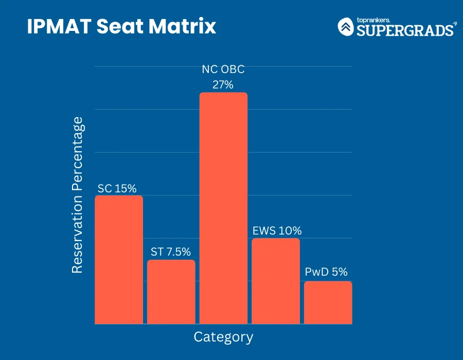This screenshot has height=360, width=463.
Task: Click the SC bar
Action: pyautogui.click(x=119, y=260)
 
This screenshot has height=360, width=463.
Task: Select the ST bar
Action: pyautogui.click(x=171, y=292)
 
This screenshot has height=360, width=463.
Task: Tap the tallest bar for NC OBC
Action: pyautogui.click(x=223, y=208)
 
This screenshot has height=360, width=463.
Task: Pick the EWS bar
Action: pyautogui.click(x=276, y=281)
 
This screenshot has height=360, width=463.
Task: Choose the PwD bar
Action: pyautogui.click(x=328, y=302)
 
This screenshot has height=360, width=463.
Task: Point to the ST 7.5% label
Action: pyautogui.click(x=171, y=252)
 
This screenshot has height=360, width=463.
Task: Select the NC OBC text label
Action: pyautogui.click(x=223, y=70)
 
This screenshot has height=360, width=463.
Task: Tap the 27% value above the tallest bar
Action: pyautogui.click(x=223, y=84)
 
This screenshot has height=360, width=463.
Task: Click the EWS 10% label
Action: pyautogui.click(x=277, y=230)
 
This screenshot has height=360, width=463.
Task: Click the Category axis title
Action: pyautogui.click(x=223, y=337)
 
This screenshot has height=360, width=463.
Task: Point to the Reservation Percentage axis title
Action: pyautogui.click(x=77, y=195)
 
